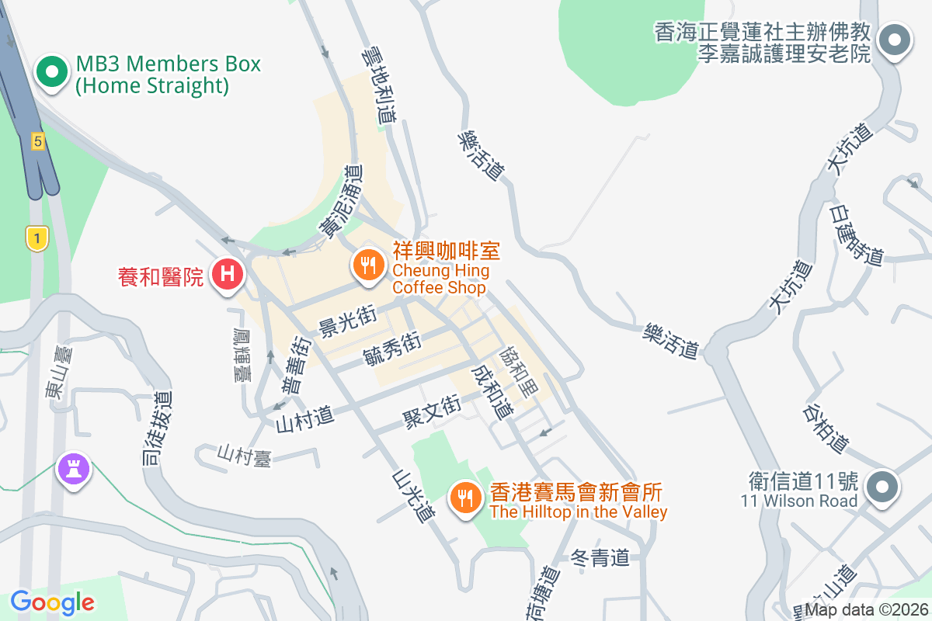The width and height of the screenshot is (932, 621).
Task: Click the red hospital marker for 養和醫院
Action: pos(228,273)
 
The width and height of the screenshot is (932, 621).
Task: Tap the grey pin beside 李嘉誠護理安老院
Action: pos(895,40)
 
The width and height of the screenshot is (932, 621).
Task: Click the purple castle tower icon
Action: pos(75,468)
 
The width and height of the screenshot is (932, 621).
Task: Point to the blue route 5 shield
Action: pos(38,141)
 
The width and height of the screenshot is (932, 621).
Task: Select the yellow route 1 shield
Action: pos(37,238)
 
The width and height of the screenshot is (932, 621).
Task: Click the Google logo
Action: pos(52,602)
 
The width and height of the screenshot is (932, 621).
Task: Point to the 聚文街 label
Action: pos(431,411)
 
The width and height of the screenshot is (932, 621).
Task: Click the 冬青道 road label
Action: pos(599,557)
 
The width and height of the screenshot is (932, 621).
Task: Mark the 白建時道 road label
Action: pos(857,235)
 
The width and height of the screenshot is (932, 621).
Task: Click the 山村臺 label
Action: pos(245,456)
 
